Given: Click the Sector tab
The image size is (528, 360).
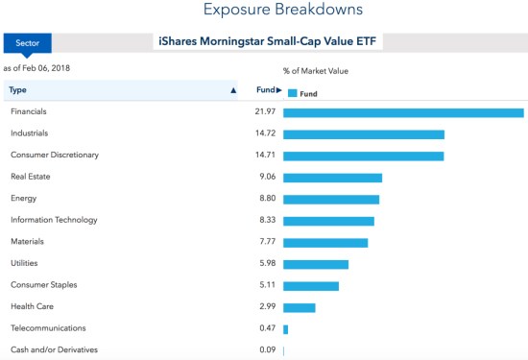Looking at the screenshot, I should [x=27, y=43].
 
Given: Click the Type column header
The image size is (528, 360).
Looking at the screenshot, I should [x=17, y=90].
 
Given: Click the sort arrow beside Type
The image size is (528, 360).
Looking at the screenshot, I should [x=233, y=90].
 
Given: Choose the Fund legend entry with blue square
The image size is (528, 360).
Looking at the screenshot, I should [x=302, y=93].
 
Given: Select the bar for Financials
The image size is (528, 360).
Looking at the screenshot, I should [x=403, y=112].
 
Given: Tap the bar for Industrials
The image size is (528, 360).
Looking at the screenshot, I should [x=363, y=134].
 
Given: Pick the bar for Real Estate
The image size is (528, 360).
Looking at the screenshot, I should [x=332, y=178].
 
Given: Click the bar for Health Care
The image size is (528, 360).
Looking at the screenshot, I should [x=299, y=307].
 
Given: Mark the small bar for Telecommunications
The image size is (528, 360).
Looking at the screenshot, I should [x=285, y=329].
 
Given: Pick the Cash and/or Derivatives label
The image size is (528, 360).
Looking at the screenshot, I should [x=54, y=350].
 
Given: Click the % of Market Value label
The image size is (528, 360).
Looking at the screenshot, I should [x=315, y=71].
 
